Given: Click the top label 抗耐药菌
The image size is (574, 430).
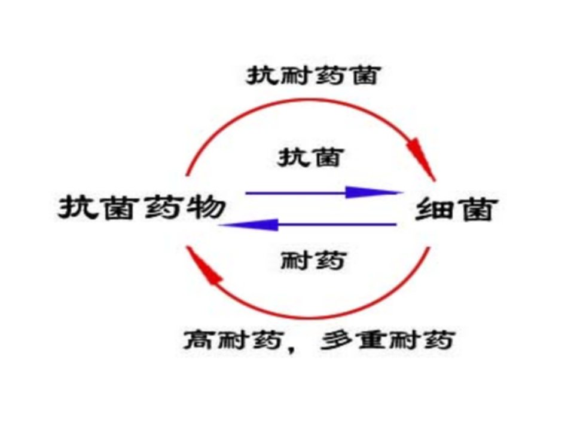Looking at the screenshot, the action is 313,75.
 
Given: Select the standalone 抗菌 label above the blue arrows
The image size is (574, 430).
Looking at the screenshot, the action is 310,157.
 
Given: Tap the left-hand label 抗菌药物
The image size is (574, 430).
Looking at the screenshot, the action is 141,207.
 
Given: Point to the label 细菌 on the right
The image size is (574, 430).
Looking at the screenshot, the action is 456,209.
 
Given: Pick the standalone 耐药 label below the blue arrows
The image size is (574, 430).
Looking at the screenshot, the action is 313,261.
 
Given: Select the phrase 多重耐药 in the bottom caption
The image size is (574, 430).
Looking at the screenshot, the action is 388,340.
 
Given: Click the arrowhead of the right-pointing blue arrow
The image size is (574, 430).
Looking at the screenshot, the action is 373,192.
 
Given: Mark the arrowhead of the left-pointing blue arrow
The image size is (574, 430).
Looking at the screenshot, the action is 249,225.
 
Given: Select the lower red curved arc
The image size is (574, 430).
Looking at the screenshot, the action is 309,317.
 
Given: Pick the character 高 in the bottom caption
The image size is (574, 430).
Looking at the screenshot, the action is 200,340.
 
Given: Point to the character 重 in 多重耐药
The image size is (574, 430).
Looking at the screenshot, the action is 371,340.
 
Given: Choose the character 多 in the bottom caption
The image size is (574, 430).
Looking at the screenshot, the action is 337,340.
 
